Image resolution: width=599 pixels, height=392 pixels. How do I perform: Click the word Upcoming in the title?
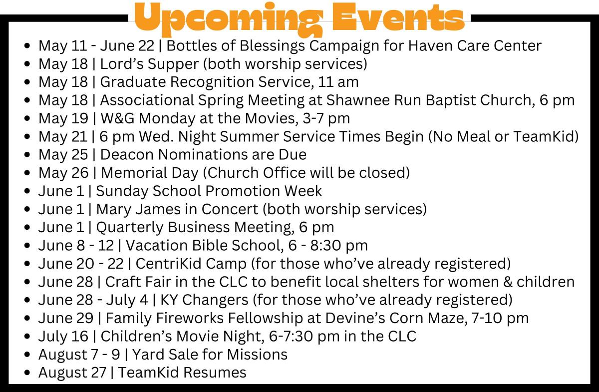pos(229,19)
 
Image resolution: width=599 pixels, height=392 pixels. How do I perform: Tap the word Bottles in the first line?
pos(192,45)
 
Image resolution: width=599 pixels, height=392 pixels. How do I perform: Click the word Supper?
pos(173,64)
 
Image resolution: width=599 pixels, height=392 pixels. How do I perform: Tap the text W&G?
pos(117,118)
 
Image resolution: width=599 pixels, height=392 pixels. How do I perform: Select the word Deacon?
pos(127,155)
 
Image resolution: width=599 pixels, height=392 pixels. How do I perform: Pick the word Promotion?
pos(243,191)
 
